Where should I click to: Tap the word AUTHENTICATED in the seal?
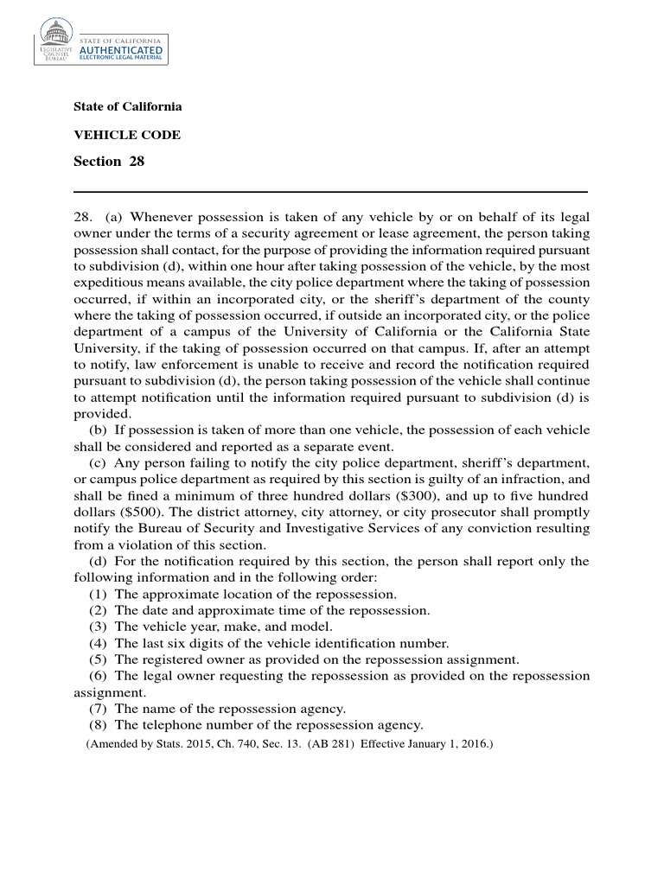point(120,51)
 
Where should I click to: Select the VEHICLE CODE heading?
point(127,135)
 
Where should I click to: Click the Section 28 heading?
point(109,162)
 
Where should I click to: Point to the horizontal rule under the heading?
point(331,191)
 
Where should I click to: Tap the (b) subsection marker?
point(99,430)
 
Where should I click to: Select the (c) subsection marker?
point(99,463)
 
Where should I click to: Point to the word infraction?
point(520,480)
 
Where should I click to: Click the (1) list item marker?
point(99,595)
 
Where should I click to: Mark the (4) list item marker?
point(99,644)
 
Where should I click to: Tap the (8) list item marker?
point(99,725)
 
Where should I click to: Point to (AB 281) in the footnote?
point(331,742)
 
